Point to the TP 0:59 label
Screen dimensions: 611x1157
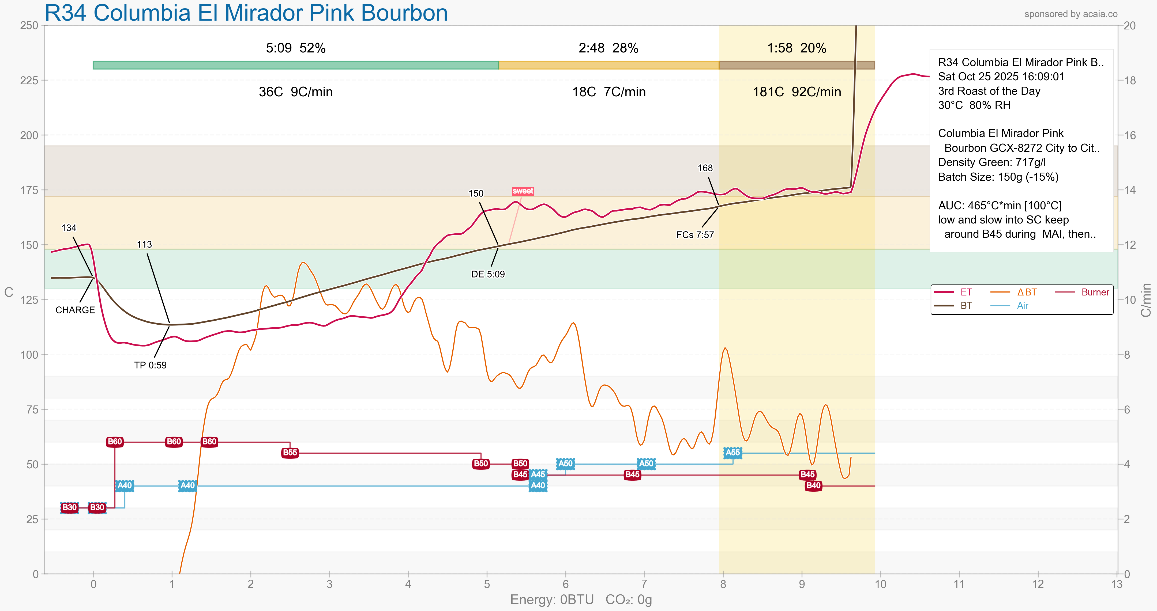point(150,365)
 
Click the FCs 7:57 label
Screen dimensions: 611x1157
point(695,235)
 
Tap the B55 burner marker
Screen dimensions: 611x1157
point(290,453)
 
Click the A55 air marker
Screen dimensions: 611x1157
point(732,453)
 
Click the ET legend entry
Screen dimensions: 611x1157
point(966,292)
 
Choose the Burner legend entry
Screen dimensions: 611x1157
point(1095,292)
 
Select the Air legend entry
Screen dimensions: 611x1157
point(1022,306)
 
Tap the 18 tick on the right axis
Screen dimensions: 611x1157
point(1130,80)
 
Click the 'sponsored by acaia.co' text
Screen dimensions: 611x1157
point(1071,14)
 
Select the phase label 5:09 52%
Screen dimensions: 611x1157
point(295,48)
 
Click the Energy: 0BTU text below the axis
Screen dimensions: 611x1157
point(551,600)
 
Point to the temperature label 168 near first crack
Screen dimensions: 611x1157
point(705,168)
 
